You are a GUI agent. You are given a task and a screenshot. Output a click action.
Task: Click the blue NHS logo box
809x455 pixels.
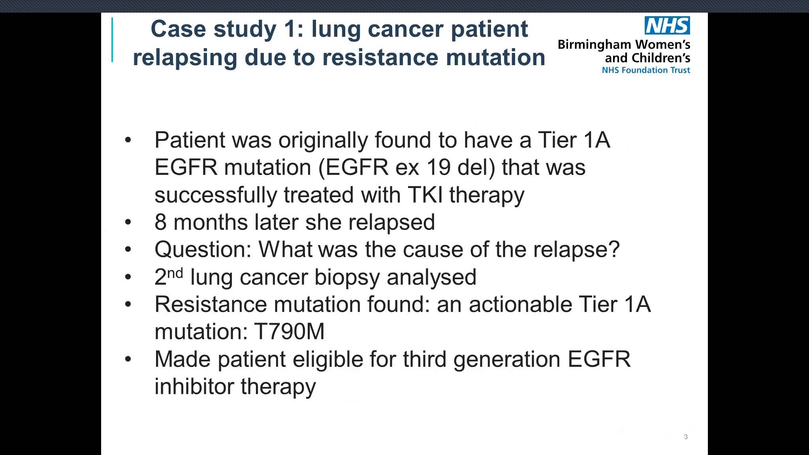[667, 25]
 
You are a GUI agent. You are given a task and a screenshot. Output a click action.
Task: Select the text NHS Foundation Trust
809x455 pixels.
[646, 70]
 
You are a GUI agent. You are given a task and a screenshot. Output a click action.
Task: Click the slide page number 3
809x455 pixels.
[686, 437]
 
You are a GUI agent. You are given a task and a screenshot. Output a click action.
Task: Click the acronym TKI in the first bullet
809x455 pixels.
[425, 194]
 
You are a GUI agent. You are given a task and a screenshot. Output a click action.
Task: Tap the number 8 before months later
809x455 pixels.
[160, 222]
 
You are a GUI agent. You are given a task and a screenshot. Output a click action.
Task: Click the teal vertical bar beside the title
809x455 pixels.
[112, 39]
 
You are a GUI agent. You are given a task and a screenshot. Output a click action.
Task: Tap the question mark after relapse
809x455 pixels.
[614, 249]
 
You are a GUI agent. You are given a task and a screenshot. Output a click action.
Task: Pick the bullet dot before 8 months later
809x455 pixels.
[128, 222]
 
